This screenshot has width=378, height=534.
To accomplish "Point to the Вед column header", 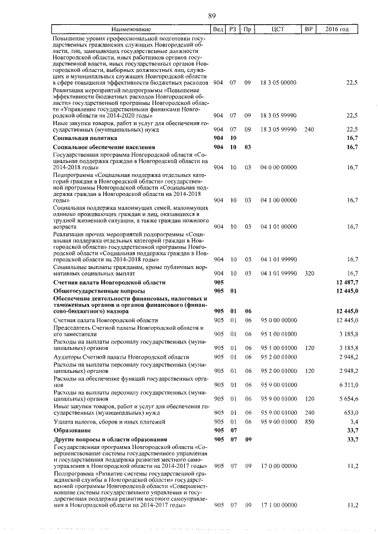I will (218, 29).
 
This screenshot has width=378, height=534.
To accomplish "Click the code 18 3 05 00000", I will (278, 83).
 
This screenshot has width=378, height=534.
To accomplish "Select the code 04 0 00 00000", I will (278, 168).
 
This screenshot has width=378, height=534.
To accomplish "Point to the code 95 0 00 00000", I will (278, 319).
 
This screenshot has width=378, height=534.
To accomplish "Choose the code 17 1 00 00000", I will (278, 505).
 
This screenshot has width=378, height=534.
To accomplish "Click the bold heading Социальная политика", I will (81, 137).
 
